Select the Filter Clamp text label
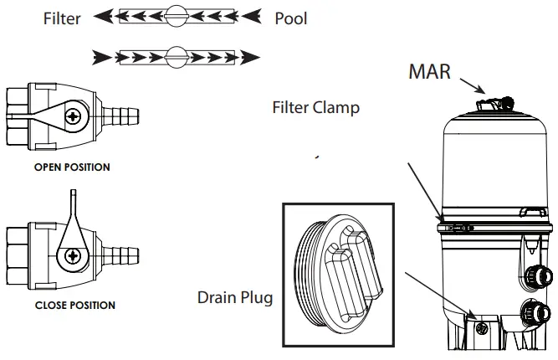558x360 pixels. pos(316,108)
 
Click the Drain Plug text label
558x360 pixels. pos(235,297)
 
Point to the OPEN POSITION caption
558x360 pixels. pos(72,167)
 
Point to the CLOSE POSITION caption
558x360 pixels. pos(74,306)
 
